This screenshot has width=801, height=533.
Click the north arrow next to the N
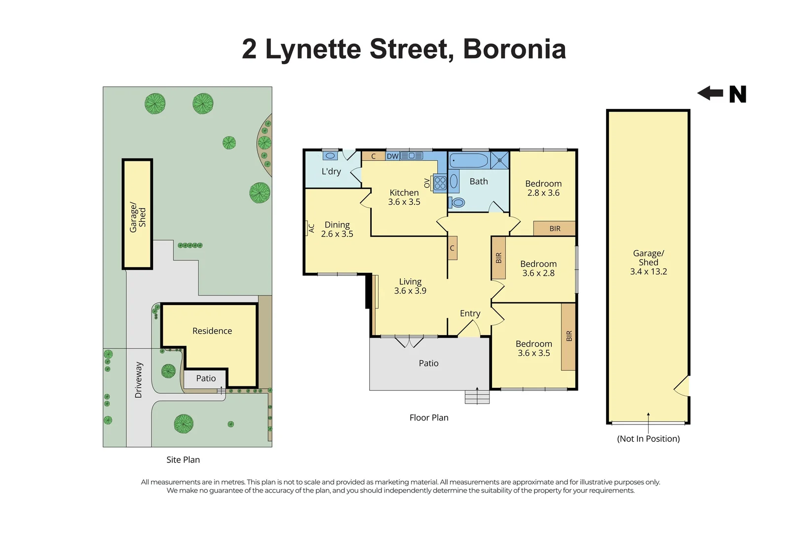[x=710, y=93]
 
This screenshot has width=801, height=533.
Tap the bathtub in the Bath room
[x=468, y=160]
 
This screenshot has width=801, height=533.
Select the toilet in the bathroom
[x=458, y=202]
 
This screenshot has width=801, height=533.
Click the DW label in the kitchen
[x=392, y=156]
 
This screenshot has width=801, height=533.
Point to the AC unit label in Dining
[x=311, y=228]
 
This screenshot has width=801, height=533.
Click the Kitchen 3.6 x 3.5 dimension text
[x=404, y=202]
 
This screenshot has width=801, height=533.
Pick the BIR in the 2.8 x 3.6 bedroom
[x=555, y=228]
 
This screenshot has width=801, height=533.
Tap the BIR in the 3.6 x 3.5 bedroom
[x=569, y=336]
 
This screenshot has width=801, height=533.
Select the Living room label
[x=410, y=282]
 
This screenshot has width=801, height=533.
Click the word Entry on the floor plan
[x=470, y=313]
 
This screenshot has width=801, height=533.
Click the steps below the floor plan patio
[x=477, y=397]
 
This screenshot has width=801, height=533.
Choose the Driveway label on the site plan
[x=139, y=380]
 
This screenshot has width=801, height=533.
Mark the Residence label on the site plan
[x=212, y=331]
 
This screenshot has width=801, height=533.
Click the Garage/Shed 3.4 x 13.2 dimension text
[x=648, y=271]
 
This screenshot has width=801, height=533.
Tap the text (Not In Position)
[x=648, y=439]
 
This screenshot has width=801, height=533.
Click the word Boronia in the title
[x=514, y=49]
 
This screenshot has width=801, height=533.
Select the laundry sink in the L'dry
[x=330, y=156]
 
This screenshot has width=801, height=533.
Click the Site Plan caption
[x=183, y=459]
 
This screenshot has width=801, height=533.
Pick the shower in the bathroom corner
[x=499, y=160]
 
